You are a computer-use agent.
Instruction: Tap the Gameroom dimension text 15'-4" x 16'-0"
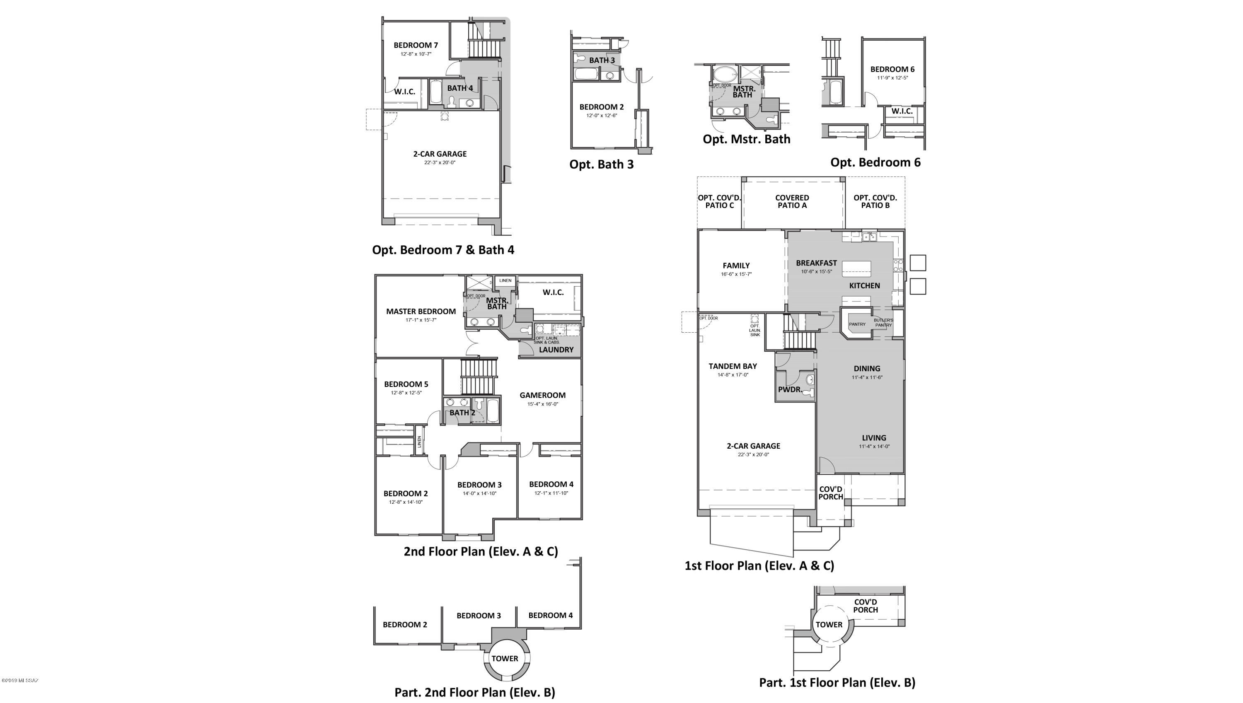pyautogui.click(x=542, y=404)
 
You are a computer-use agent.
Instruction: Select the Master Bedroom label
pyautogui.click(x=421, y=312)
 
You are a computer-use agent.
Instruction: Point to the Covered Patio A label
pyautogui.click(x=792, y=201)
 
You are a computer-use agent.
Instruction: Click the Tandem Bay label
pyautogui.click(x=733, y=366)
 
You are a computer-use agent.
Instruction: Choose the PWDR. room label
pyautogui.click(x=790, y=389)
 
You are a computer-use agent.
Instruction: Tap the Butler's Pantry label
pyautogui.click(x=883, y=323)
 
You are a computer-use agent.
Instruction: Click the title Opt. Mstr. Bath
pyautogui.click(x=746, y=139)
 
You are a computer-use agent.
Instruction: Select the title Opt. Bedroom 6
pyautogui.click(x=875, y=162)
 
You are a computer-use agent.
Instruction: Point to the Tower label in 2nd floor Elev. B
pyautogui.click(x=505, y=659)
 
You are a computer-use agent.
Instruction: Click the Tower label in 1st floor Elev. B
pyautogui.click(x=829, y=625)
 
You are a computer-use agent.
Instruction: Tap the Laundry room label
pyautogui.click(x=556, y=350)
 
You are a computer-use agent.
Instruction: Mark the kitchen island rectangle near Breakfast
pyautogui.click(x=857, y=268)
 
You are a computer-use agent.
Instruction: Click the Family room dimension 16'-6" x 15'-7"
pyautogui.click(x=736, y=274)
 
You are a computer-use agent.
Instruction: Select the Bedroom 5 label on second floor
pyautogui.click(x=406, y=384)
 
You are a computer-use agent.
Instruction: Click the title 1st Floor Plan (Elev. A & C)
pyautogui.click(x=759, y=565)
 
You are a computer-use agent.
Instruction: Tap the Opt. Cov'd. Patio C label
pyautogui.click(x=719, y=201)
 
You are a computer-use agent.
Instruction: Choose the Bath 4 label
pyautogui.click(x=460, y=88)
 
